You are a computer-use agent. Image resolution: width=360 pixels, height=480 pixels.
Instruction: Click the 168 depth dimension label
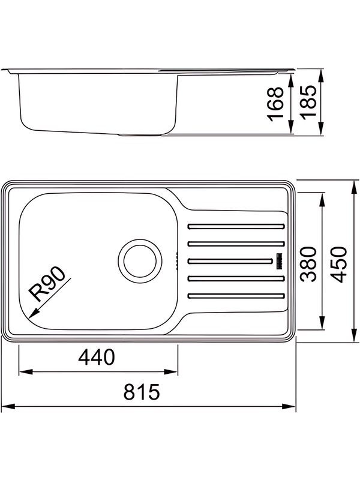(x=276, y=104)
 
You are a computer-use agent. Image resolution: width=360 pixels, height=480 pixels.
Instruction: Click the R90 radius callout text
(x=48, y=284)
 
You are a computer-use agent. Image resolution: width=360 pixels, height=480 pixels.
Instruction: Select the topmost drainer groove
(x=235, y=226)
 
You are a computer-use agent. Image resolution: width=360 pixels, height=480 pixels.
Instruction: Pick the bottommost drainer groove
(x=235, y=295)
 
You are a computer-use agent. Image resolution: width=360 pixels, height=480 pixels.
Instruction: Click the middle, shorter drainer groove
(x=229, y=260)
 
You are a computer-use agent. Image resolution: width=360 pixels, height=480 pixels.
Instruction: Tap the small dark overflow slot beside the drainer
(x=278, y=261)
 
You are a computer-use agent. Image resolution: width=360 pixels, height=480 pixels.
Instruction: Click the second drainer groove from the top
(x=235, y=244)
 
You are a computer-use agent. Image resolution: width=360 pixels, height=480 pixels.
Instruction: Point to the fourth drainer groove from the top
(x=235, y=278)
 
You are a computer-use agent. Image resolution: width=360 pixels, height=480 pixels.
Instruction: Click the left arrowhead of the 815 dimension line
(x=7, y=407)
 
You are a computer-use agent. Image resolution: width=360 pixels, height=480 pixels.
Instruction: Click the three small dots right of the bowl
(x=176, y=260)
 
